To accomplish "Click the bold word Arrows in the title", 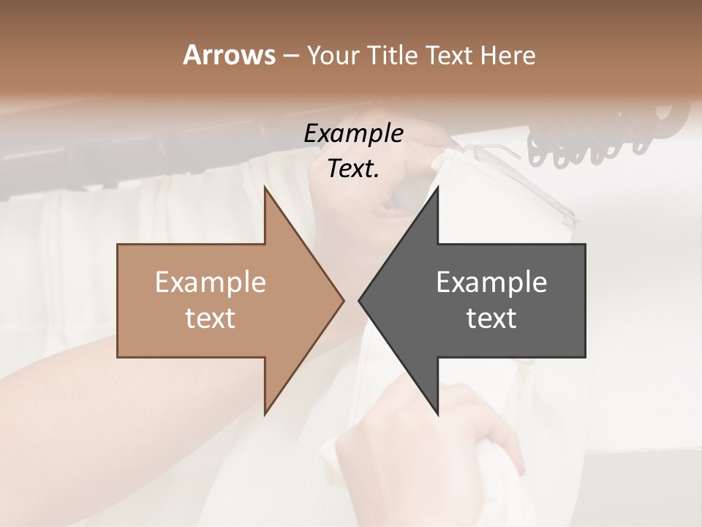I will [x=228, y=55].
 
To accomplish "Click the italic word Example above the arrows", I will [x=353, y=133].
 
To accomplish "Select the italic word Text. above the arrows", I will [x=353, y=169].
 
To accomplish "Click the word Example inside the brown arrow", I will [x=211, y=282].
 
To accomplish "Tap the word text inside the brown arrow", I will [x=211, y=318].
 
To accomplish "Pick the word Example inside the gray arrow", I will [x=491, y=282].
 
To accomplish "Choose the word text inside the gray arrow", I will [x=491, y=318].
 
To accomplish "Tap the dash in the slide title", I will [x=290, y=56].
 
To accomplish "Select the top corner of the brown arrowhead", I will [x=265, y=189].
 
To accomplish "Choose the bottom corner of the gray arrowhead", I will [x=437, y=414].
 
